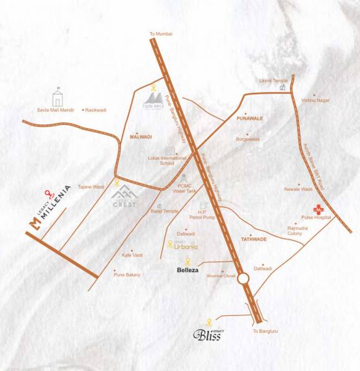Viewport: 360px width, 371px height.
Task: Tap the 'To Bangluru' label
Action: [265, 331]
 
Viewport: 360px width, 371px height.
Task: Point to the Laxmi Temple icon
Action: [283, 87]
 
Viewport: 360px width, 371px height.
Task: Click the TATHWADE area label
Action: [254, 238]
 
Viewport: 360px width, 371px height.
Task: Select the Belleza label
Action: [187, 270]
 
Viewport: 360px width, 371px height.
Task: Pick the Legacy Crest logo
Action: [124, 196]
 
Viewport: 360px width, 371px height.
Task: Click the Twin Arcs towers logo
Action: [155, 99]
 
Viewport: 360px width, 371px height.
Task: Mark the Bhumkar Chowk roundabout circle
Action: [243, 279]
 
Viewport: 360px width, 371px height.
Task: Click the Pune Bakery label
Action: [128, 274]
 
